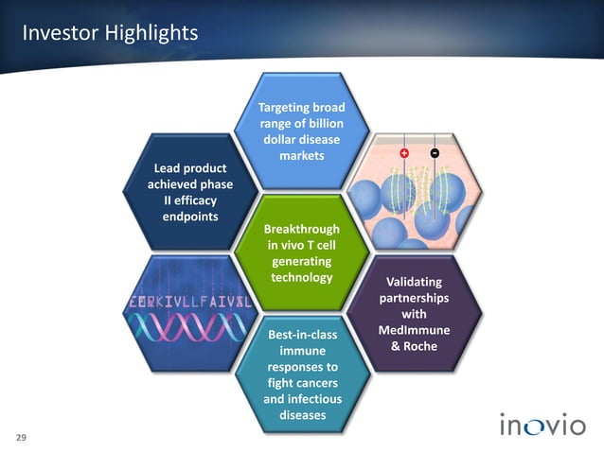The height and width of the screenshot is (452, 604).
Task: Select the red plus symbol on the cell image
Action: [405, 153]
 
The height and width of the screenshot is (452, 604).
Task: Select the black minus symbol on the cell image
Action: [434, 153]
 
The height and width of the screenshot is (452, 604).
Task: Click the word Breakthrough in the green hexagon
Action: [302, 230]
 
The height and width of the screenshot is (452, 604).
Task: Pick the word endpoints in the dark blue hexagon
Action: [190, 217]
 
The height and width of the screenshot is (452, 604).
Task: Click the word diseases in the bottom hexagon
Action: [302, 415]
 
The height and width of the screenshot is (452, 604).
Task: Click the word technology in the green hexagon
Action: [302, 277]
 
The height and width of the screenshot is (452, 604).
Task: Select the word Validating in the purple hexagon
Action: [414, 282]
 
